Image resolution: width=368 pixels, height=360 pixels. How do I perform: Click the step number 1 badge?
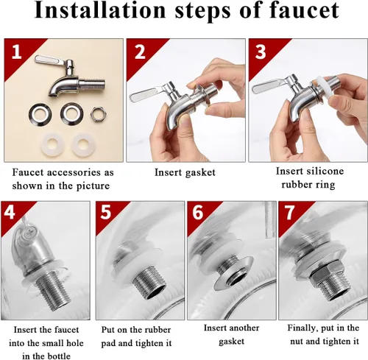coord(16,52)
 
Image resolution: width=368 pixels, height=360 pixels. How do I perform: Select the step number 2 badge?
coord(140,52)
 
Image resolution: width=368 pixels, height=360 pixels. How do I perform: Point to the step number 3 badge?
coord(261,52)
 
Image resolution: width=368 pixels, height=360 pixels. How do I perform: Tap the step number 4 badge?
coord(10,212)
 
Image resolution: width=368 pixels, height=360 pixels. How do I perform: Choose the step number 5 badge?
coord(106,212)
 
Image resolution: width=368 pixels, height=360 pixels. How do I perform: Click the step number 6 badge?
coord(198,212)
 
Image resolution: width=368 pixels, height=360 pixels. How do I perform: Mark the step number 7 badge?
coord(289,213)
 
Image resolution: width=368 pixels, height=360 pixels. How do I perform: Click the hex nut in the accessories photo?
coord(98,114)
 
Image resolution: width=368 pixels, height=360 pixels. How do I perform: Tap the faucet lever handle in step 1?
coord(51,61)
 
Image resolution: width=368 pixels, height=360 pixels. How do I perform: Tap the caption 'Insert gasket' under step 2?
coord(185,172)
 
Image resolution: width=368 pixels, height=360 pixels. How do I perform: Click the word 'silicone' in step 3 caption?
coord(322,171)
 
